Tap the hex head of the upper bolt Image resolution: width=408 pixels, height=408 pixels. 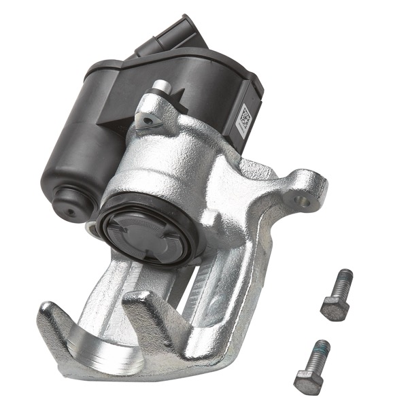pyautogui.click(x=335, y=307)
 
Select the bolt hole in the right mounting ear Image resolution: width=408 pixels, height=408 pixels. pyautogui.click(x=303, y=200)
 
